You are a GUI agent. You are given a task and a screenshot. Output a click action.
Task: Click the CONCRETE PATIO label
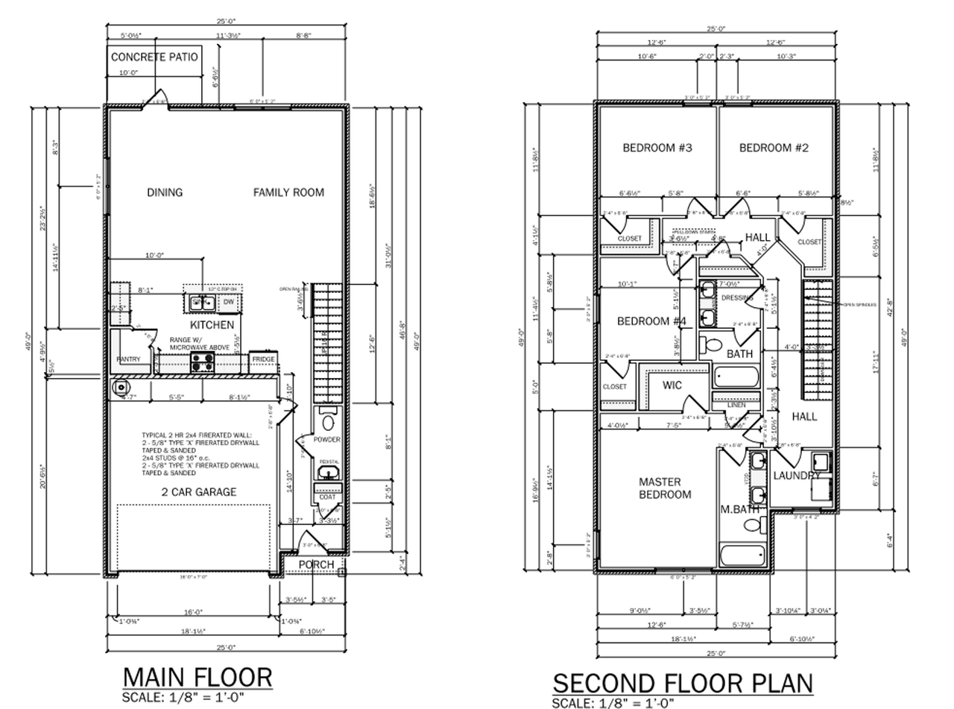154,57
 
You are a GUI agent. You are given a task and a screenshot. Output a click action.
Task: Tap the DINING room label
165,192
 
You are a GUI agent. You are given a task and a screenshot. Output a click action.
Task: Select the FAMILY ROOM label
288,192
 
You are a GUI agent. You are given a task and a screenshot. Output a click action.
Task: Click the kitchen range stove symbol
201,362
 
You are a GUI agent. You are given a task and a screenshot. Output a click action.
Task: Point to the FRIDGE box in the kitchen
263,360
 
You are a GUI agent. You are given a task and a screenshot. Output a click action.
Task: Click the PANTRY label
128,359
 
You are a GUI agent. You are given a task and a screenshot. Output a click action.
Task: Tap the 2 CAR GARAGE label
199,491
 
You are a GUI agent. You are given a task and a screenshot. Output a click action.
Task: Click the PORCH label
316,565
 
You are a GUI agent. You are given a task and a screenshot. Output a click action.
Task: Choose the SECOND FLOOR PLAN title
682,682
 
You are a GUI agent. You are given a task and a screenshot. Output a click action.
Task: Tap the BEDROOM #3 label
657,148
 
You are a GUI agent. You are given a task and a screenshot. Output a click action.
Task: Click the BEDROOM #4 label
651,321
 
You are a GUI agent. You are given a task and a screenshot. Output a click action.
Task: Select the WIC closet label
672,385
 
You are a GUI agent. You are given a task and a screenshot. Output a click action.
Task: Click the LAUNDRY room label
797,476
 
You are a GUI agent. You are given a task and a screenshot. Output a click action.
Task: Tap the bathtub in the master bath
742,555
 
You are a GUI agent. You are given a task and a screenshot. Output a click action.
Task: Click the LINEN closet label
736,405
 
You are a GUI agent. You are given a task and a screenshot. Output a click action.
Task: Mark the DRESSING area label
738,298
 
